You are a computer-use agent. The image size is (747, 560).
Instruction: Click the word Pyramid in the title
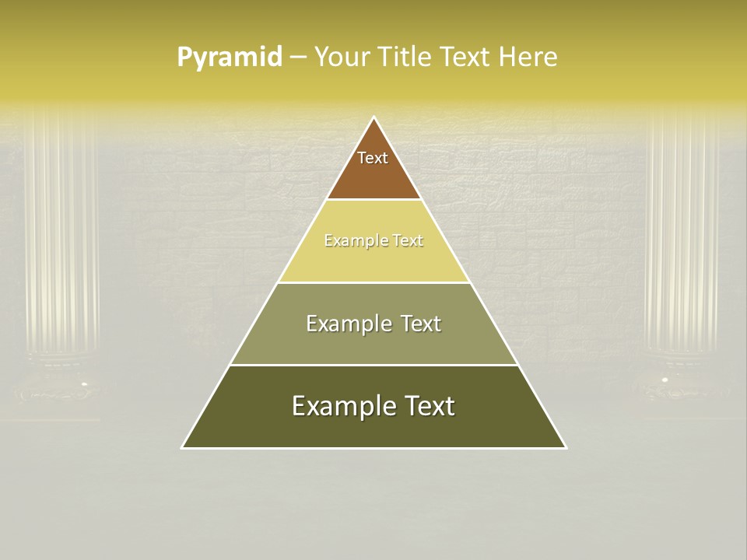click(x=229, y=58)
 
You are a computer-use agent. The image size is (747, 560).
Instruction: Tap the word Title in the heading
click(x=406, y=57)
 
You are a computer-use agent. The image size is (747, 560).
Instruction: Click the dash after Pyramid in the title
click(x=298, y=58)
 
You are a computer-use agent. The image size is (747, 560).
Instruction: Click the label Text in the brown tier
click(x=373, y=158)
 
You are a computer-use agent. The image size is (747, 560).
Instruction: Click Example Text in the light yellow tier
click(x=373, y=240)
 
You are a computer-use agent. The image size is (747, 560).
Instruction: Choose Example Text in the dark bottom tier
click(x=373, y=406)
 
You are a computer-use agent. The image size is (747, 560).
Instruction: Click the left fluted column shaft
click(x=62, y=233)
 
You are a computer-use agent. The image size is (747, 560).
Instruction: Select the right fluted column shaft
click(x=682, y=233)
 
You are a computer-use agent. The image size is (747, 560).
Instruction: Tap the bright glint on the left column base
click(x=85, y=383)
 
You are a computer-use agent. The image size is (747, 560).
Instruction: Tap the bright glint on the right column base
click(x=664, y=379)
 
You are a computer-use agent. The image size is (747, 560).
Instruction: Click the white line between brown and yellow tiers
click(x=373, y=199)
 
